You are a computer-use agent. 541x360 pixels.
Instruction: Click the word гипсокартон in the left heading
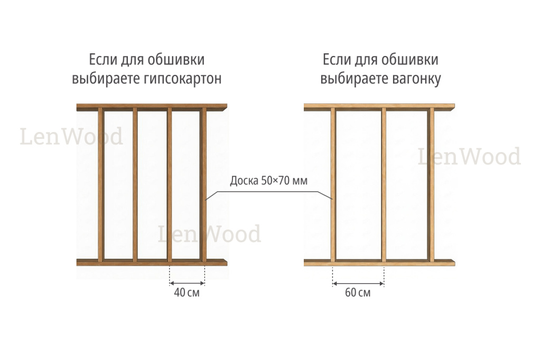click(182, 79)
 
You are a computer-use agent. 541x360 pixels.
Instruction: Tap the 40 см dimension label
click(186, 293)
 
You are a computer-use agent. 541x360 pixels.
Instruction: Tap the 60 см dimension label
click(358, 293)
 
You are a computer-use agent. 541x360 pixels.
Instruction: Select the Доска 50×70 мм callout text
click(268, 181)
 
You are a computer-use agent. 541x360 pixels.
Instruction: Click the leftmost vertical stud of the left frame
click(101, 185)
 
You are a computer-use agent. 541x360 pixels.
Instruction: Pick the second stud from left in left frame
click(135, 185)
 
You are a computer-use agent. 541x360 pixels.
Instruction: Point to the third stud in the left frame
click(170, 185)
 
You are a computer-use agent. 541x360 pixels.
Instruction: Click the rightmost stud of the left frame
click(203, 185)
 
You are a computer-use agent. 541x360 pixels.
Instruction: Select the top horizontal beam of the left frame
click(152, 107)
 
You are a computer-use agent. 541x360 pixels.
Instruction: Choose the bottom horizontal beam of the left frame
click(152, 262)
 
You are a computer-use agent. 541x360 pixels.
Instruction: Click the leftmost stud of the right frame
click(333, 185)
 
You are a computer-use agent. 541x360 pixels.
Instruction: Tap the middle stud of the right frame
click(384, 185)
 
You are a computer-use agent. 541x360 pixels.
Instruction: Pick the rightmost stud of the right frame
click(431, 185)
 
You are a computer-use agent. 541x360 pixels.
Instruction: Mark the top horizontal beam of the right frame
click(379, 107)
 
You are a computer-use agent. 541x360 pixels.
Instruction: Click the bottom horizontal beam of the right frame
click(379, 262)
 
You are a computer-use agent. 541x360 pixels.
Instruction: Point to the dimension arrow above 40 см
click(187, 283)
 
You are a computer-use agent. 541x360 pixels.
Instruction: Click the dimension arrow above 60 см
click(358, 284)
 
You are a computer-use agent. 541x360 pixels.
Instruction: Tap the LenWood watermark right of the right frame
click(469, 156)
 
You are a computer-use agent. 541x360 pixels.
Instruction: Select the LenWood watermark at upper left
click(71, 136)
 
